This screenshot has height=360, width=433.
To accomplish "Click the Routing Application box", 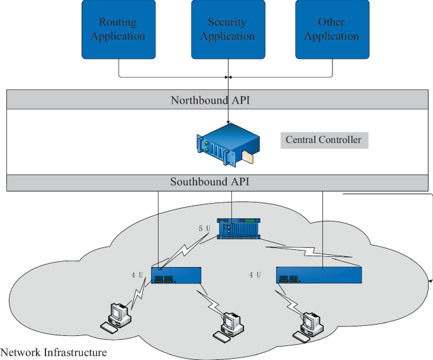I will [118, 29].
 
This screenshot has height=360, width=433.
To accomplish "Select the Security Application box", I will [227, 29].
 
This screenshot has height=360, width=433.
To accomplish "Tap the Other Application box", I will [331, 29].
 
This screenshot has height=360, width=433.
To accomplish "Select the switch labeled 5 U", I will [238, 228].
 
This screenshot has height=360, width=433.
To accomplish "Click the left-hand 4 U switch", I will [176, 275].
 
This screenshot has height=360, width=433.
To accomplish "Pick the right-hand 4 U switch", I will [319, 275].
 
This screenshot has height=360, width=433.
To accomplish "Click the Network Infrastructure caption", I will [54, 352].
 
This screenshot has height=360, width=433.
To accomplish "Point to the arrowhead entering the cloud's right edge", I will [430, 279].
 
